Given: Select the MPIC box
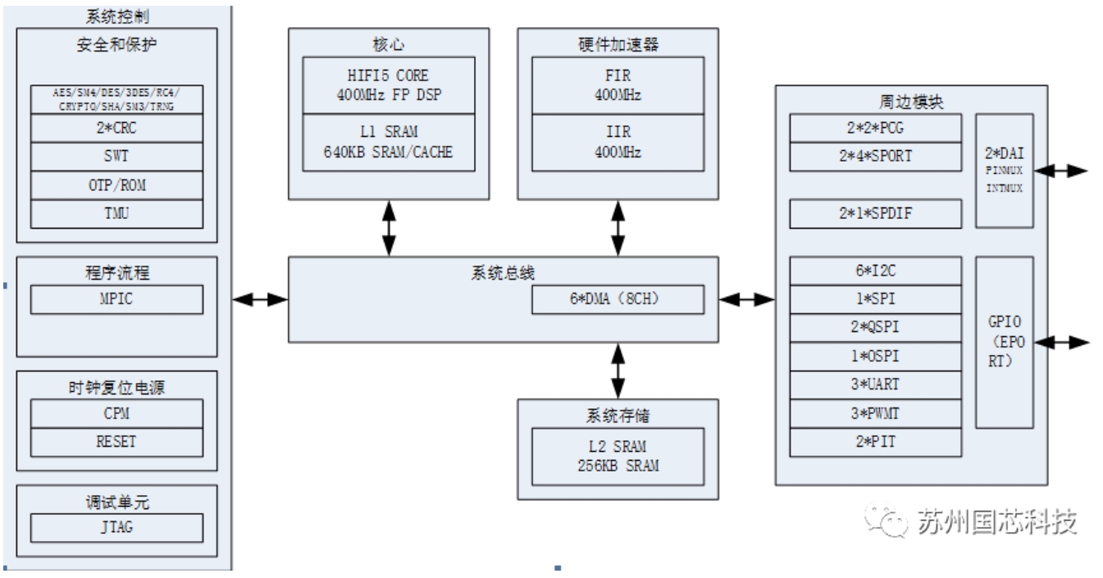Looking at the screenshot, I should click(116, 299).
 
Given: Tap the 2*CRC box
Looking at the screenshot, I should click(116, 128).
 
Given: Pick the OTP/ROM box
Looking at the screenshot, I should click(116, 184).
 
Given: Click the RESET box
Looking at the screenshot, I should click(116, 442).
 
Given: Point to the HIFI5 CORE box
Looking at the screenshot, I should click(390, 85).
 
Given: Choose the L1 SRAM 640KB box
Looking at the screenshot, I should click(390, 144).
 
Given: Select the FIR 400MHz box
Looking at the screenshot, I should click(618, 85).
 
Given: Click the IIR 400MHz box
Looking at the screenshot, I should click(618, 144).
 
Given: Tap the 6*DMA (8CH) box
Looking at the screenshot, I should click(618, 300).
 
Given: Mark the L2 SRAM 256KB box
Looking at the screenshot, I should click(618, 455).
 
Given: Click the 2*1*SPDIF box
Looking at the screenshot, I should click(875, 214).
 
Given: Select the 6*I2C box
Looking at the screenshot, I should click(875, 271).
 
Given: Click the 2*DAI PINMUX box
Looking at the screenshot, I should click(1004, 171).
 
